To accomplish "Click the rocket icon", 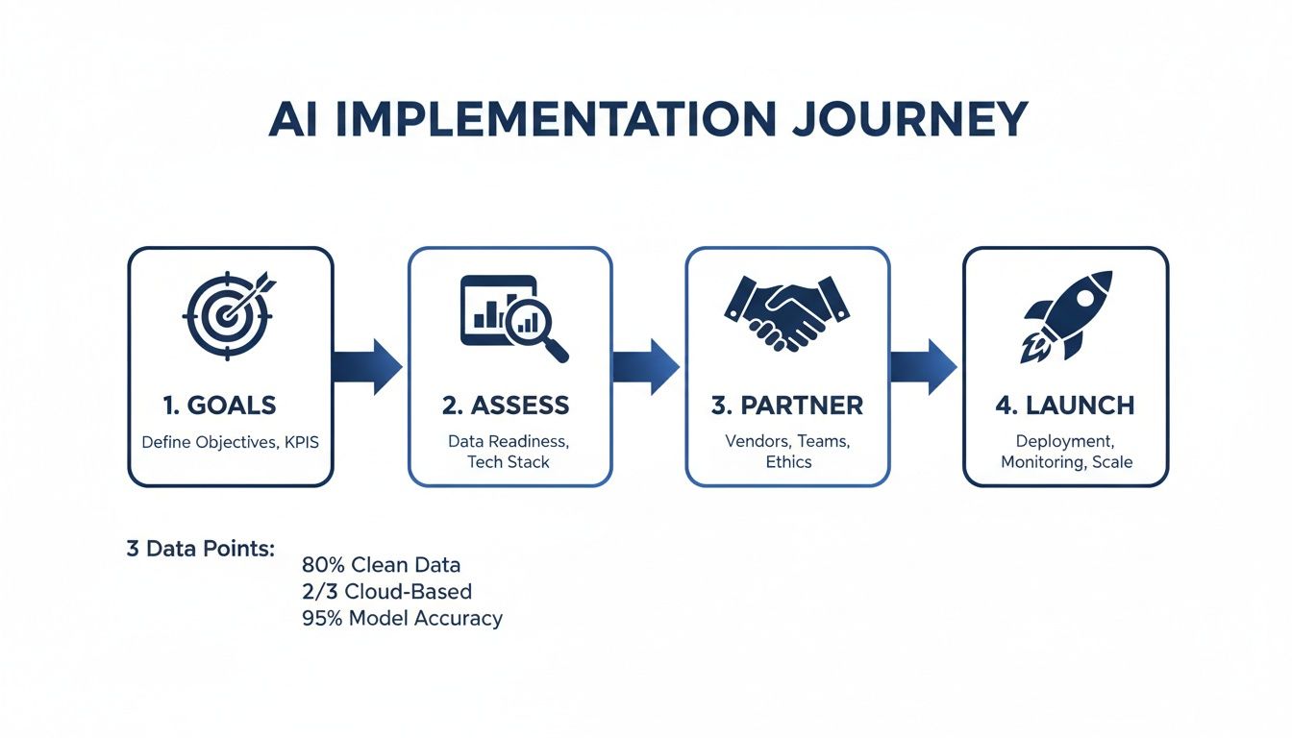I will coord(1066,315).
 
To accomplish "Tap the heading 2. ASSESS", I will coord(506,406).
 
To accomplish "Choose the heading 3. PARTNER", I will coord(786,406).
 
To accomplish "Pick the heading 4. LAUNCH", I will coord(1065,406).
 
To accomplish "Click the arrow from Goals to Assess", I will coord(368,366).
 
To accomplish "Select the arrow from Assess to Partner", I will coord(646,366).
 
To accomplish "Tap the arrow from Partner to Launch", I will coord(924,366).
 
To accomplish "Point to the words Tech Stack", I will coord(509,462).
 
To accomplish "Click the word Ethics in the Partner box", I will coord(788,462).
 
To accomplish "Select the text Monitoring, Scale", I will coord(1066,462).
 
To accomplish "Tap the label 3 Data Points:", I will coord(201,550).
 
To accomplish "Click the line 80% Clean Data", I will coord(381,565).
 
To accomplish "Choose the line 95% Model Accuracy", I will coord(402,618).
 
